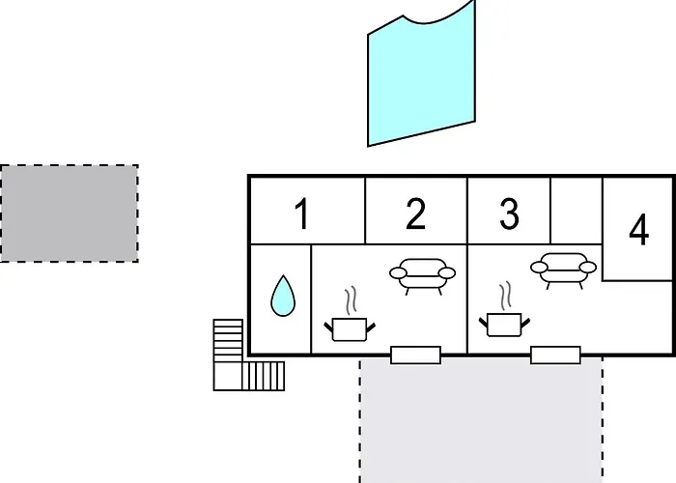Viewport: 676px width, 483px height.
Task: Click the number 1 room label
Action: (301, 213)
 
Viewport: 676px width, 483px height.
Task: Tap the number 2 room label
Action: (415, 213)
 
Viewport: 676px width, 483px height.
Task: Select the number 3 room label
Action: (509, 213)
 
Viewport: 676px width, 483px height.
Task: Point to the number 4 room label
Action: (639, 230)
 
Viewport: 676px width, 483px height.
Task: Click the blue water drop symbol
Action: (283, 297)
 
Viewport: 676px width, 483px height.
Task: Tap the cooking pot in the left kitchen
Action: (350, 329)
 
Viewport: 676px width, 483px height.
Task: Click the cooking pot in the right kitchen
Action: (504, 325)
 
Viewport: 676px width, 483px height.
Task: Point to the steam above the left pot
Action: (351, 299)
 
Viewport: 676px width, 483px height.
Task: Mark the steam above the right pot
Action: (506, 295)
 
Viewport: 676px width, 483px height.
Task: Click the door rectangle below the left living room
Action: (415, 355)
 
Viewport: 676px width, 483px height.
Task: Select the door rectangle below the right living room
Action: (555, 355)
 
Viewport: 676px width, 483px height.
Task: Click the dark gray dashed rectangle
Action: (69, 213)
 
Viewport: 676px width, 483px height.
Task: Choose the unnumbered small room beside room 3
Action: (576, 211)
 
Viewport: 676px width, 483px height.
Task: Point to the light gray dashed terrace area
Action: (481, 420)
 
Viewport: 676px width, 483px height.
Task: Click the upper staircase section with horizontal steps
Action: (228, 340)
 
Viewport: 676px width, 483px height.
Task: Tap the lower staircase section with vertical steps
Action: (264, 376)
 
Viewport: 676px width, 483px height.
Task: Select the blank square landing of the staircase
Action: (228, 376)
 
